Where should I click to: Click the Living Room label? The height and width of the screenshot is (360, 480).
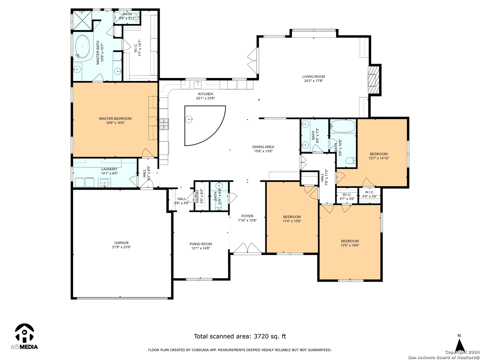[x=313, y=77]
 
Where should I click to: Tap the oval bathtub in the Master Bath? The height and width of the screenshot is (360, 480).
[x=82, y=46]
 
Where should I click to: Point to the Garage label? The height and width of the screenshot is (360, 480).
[x=121, y=243]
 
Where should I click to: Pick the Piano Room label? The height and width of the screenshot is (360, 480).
[x=201, y=244]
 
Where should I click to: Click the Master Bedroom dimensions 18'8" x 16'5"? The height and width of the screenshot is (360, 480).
[x=115, y=123]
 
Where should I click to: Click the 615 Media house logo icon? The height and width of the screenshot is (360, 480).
[x=24, y=334]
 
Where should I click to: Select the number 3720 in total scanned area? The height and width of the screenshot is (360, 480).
[x=261, y=336]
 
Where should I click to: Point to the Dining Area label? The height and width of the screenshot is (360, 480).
[x=263, y=147]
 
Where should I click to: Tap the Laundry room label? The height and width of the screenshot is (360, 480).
[x=109, y=169]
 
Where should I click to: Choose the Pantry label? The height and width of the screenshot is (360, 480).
[x=197, y=196]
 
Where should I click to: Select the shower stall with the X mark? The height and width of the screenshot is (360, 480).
[x=82, y=21]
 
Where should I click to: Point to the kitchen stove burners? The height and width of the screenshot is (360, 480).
[x=164, y=124]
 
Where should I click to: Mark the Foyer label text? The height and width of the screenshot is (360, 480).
[x=247, y=216]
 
